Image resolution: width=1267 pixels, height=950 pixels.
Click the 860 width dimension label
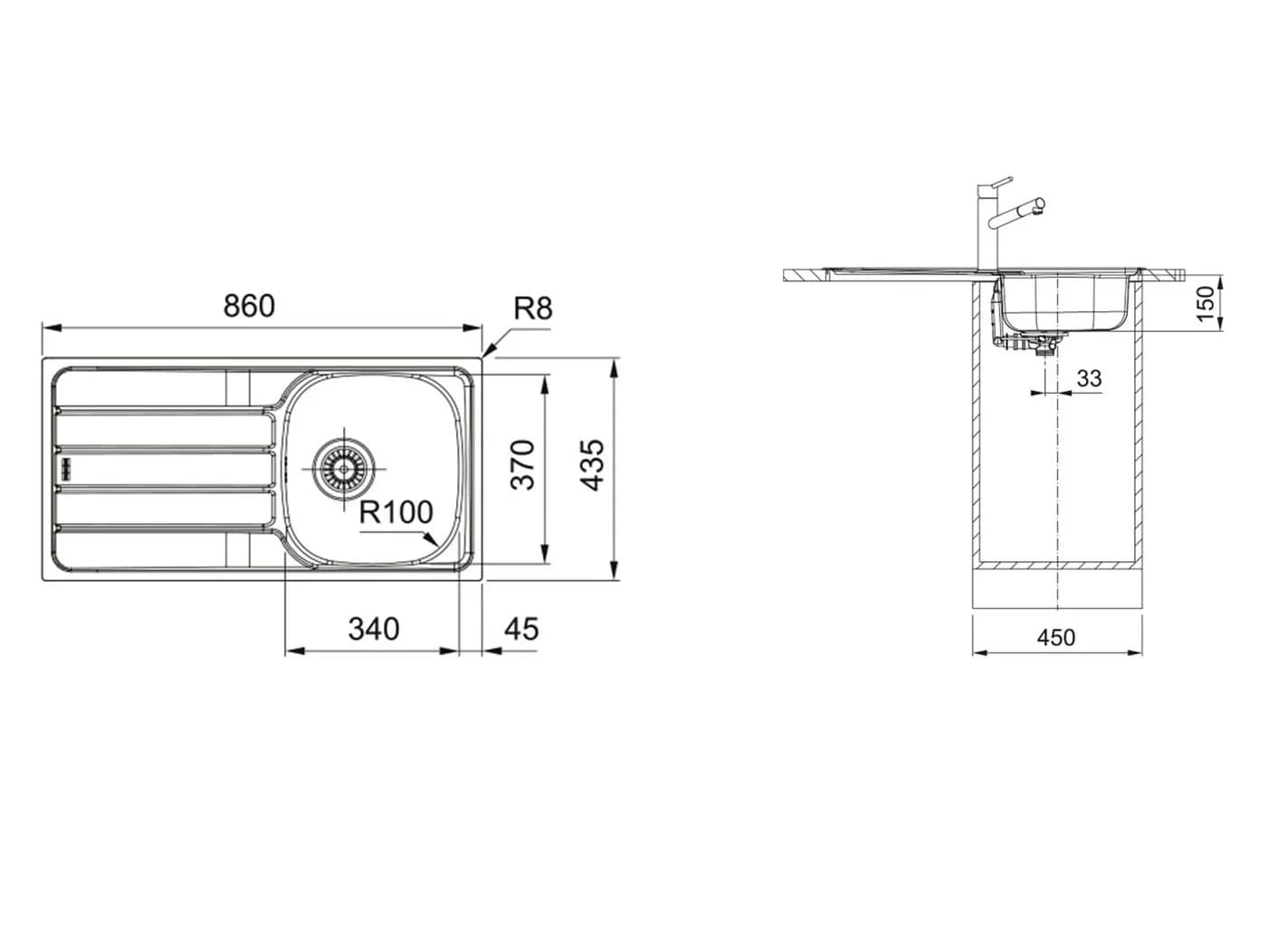pos(249,306)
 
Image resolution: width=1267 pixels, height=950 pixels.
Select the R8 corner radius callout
pos(533,309)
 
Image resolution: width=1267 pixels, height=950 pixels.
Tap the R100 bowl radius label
pos(396,512)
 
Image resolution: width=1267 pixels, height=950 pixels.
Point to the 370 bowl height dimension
pos(523,464)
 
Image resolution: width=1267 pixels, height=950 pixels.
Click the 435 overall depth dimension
pos(592,465)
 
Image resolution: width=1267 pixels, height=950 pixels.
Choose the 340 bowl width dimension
pos(374,629)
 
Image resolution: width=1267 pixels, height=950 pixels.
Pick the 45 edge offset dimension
pos(521,629)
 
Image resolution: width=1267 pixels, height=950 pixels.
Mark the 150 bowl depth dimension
pos(1205,304)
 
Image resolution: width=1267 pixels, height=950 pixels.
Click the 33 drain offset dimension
pos(1090,378)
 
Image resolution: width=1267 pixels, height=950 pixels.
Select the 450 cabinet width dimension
pos(1056,637)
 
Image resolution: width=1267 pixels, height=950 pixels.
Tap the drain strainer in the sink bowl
pos(344,469)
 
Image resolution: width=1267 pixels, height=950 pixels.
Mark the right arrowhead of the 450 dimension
pos(1134,652)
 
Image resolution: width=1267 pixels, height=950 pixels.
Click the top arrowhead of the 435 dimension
pos(614,366)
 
